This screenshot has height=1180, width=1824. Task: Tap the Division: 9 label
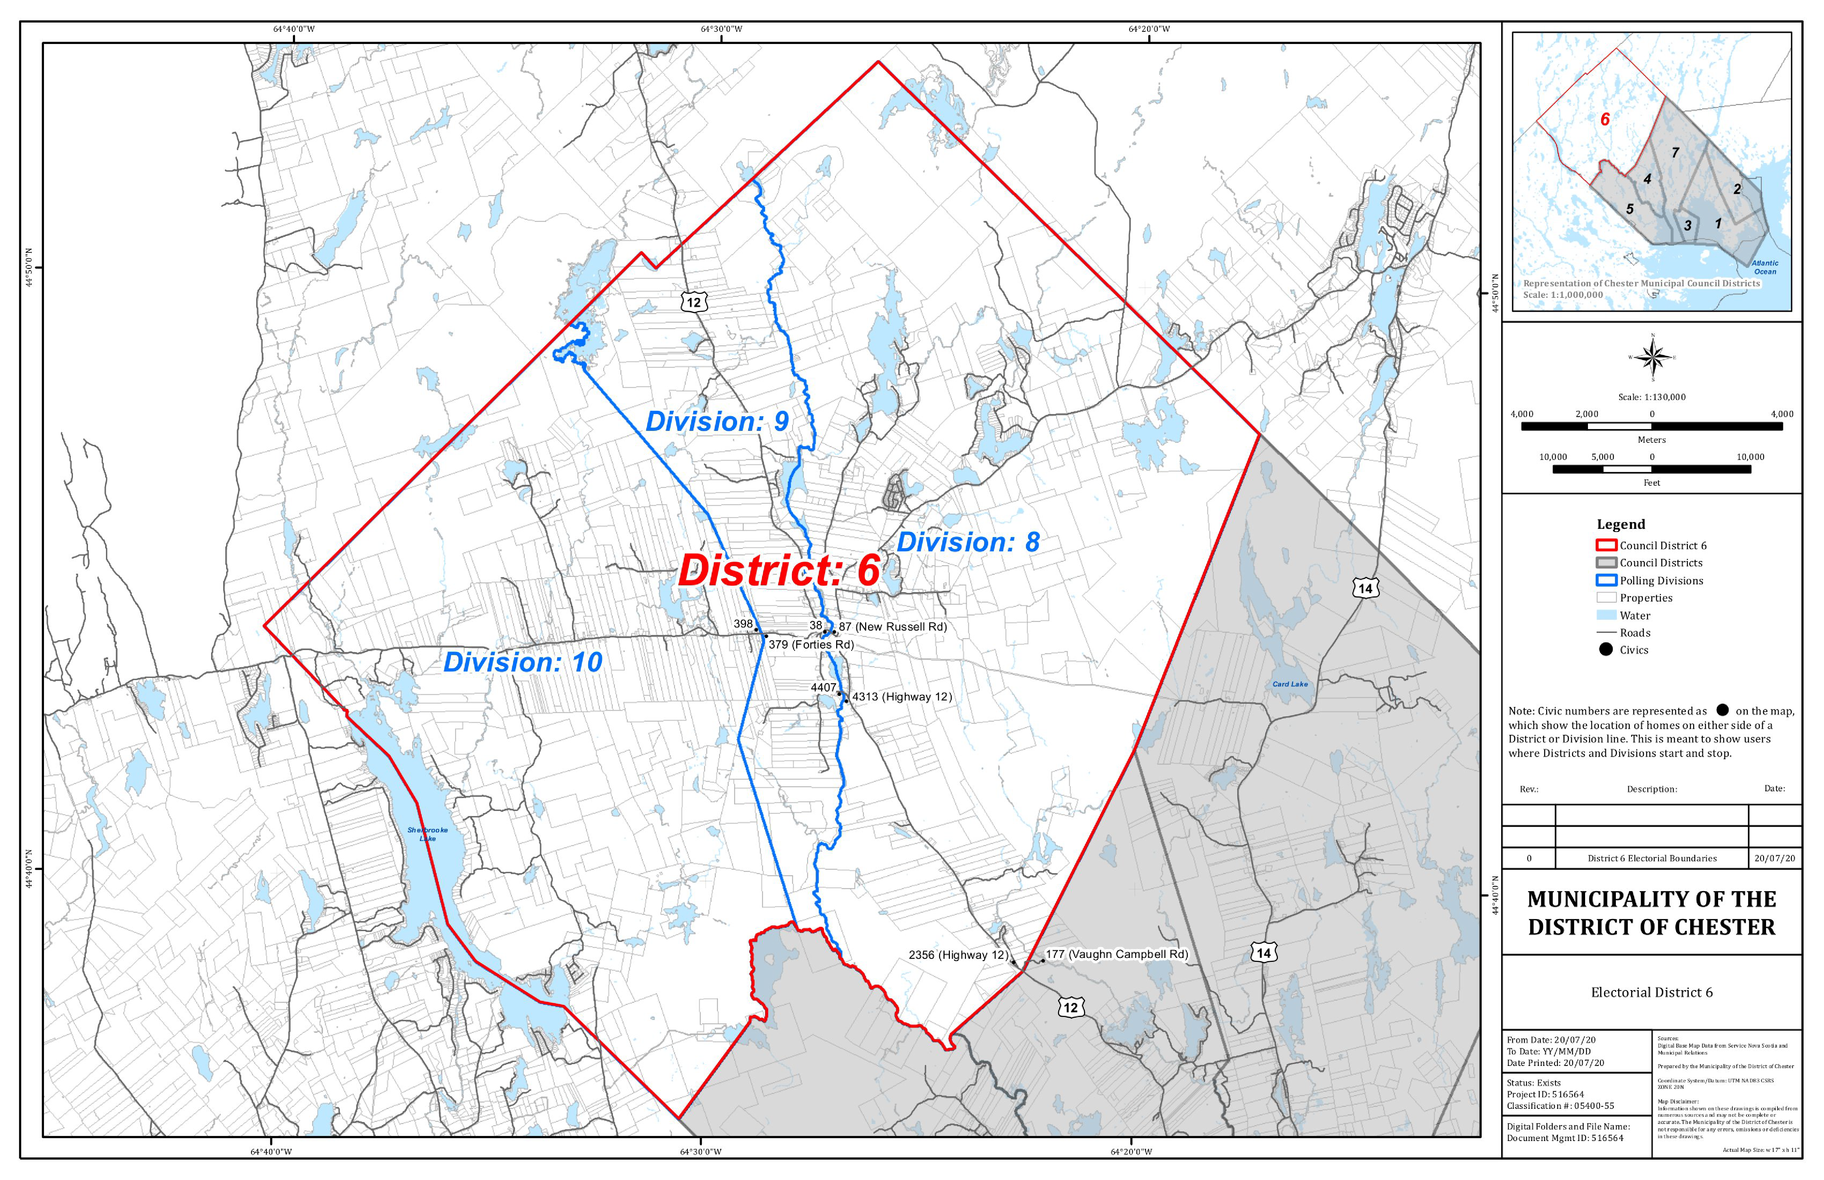tap(717, 422)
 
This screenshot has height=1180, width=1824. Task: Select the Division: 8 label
tap(968, 542)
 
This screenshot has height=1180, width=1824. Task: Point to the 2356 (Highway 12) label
tap(958, 955)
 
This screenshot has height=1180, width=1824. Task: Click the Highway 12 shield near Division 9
tap(693, 302)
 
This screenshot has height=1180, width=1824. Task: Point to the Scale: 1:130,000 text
tap(1652, 397)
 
